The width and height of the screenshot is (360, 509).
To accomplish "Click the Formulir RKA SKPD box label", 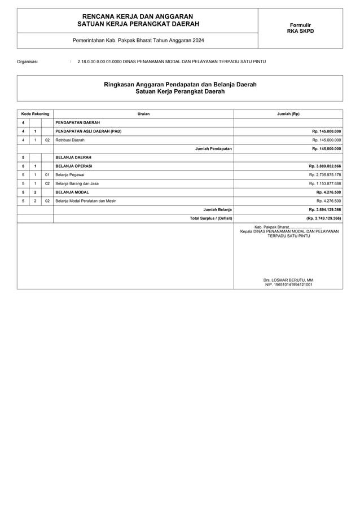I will click(x=300, y=28).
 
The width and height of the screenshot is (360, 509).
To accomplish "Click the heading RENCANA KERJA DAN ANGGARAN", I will click(x=137, y=17).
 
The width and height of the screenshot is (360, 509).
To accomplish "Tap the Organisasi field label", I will click(x=28, y=61).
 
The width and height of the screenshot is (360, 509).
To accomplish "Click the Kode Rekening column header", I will click(x=35, y=114).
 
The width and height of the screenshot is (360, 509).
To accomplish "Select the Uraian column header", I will click(x=143, y=114).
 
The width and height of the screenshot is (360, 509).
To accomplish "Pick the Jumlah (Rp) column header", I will click(x=288, y=114).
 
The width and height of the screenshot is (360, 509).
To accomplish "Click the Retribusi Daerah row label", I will click(x=70, y=140).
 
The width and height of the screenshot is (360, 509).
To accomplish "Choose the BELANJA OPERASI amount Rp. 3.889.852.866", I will click(x=324, y=166).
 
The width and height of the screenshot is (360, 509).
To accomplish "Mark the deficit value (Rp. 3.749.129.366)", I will click(x=323, y=218).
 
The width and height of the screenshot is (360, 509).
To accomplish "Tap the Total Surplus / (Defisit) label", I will click(x=211, y=218).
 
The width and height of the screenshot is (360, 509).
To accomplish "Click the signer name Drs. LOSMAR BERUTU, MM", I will click(x=288, y=280).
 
